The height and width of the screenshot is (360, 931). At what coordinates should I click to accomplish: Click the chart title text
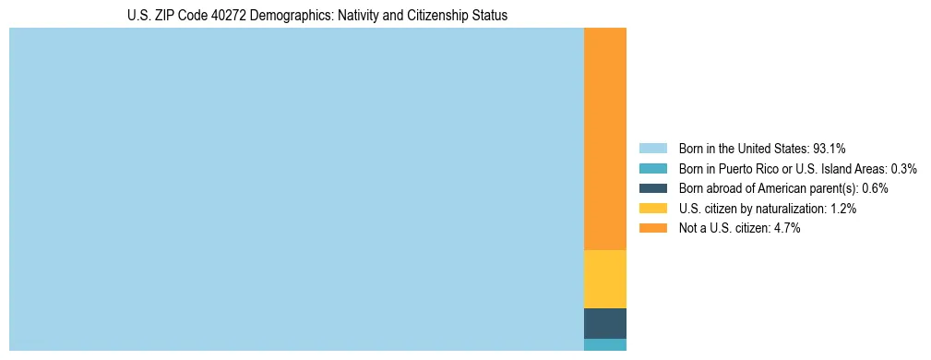click(x=317, y=16)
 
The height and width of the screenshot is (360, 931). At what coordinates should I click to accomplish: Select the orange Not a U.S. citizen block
click(x=605, y=138)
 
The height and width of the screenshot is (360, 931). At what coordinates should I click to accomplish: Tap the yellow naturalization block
click(x=605, y=279)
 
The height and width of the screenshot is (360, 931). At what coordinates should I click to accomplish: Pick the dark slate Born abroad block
click(x=605, y=323)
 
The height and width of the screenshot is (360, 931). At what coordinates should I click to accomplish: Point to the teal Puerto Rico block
click(x=605, y=344)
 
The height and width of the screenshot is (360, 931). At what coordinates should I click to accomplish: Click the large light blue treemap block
click(x=296, y=189)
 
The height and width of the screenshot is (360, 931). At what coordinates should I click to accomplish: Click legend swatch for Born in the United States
click(x=652, y=148)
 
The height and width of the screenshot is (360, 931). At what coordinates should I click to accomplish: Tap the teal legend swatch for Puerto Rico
click(x=652, y=168)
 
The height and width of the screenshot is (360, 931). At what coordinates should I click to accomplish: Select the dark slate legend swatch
click(x=652, y=188)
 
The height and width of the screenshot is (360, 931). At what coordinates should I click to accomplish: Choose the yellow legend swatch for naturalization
click(x=652, y=209)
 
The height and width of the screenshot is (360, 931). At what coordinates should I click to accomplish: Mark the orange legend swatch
click(x=652, y=228)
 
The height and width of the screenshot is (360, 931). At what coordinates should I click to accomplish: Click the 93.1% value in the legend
click(x=830, y=148)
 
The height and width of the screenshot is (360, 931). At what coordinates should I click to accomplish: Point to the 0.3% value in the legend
click(x=904, y=168)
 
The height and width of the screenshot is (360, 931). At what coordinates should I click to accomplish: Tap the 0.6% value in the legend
click(x=875, y=188)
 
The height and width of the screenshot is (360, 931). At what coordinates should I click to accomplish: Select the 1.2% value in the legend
click(x=841, y=209)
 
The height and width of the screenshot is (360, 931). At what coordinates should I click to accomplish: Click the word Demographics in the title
click(x=283, y=16)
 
